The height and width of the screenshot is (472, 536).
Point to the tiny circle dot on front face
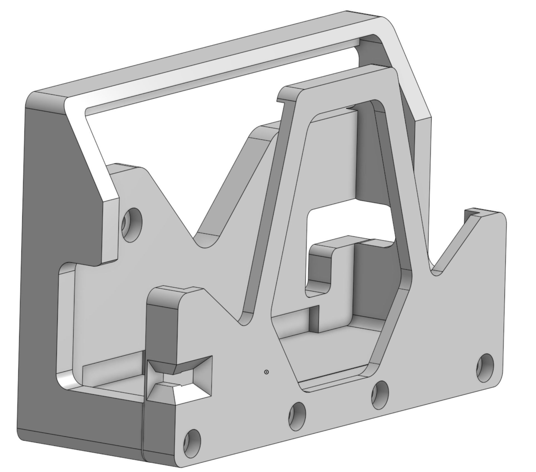266,372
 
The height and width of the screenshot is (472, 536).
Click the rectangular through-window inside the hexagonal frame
348,220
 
